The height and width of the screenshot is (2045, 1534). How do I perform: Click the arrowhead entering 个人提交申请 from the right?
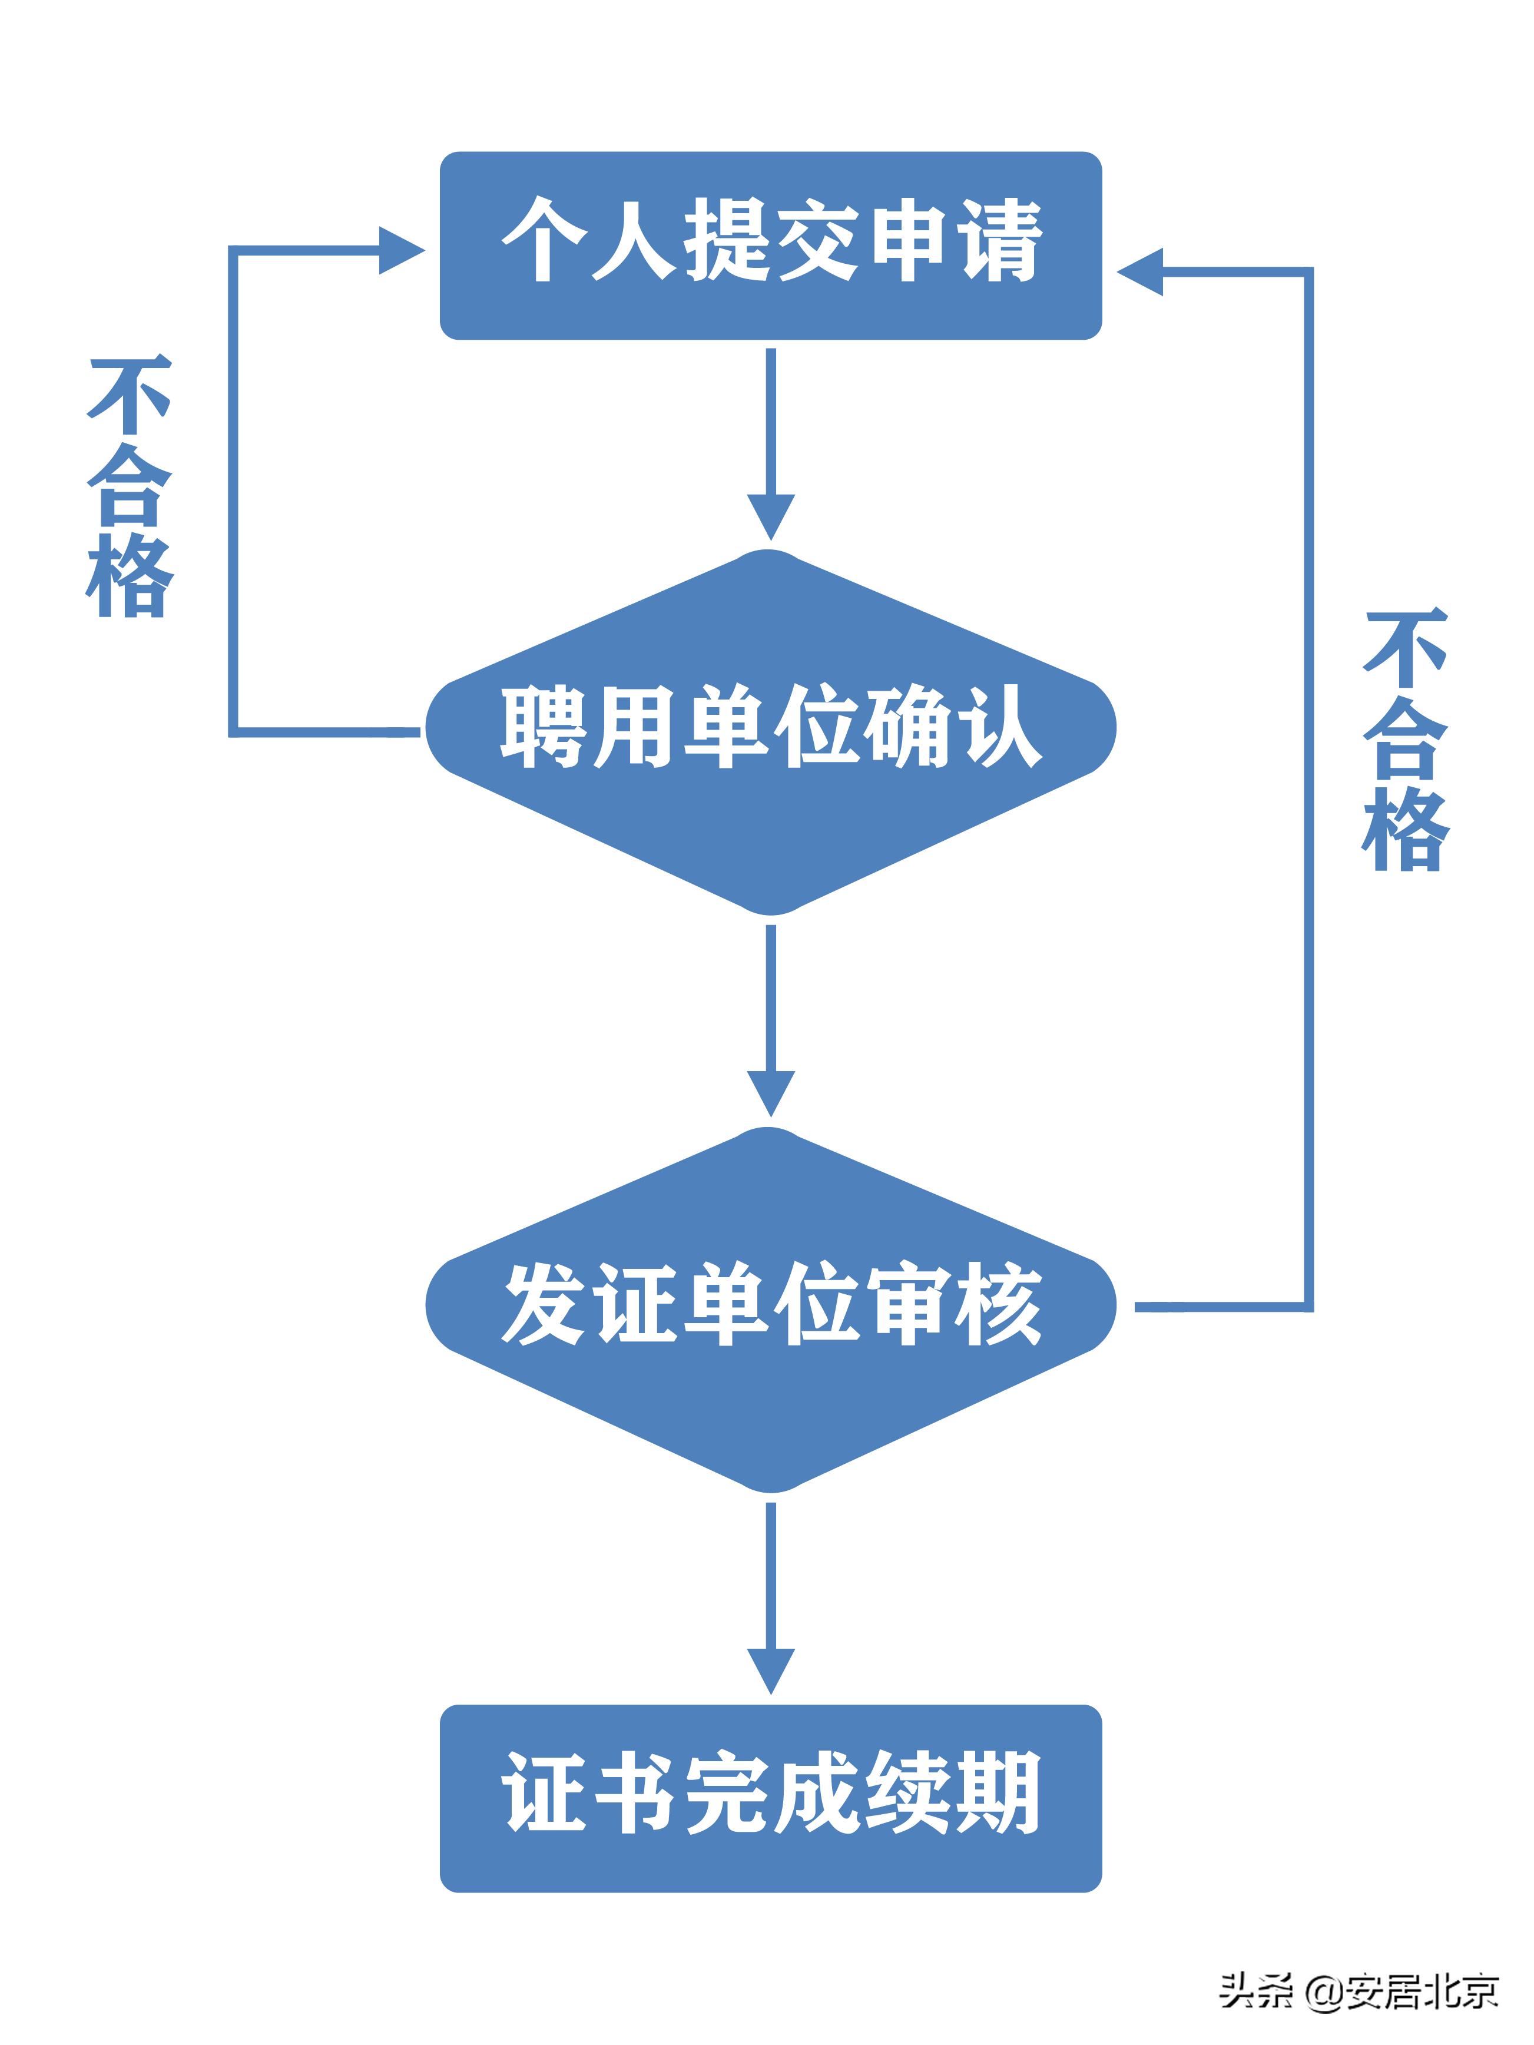click(1140, 272)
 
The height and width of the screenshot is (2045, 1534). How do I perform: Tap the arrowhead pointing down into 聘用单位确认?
click(770, 515)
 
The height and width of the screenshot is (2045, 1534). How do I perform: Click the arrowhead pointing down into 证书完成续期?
click(770, 1670)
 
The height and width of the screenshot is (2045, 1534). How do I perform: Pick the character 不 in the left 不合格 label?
click(130, 396)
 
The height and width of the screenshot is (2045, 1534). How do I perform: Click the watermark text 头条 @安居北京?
click(1357, 1990)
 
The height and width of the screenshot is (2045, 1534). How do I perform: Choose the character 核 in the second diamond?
click(999, 1304)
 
